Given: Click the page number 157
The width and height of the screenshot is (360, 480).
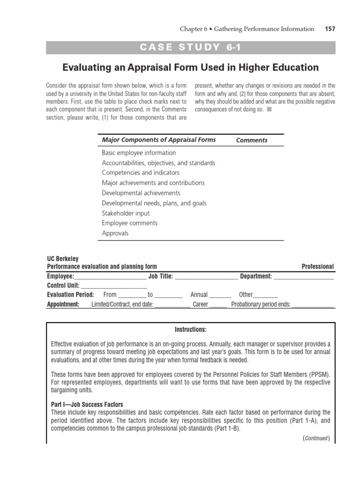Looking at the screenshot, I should click(x=330, y=29).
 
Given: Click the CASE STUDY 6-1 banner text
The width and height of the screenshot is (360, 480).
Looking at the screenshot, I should click(x=190, y=47).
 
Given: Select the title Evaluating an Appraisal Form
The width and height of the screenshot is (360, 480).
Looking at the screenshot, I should click(x=190, y=67).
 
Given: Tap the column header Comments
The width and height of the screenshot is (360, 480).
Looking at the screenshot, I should click(x=252, y=140).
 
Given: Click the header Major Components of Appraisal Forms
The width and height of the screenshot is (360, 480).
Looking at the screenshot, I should click(x=159, y=140).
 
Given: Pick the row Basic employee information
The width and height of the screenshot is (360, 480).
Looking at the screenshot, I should click(x=139, y=153).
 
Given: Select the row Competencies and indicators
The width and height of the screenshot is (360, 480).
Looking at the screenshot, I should click(x=141, y=173).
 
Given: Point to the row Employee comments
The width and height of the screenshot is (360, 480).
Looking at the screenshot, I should click(x=130, y=223).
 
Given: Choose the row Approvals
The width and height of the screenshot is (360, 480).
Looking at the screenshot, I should click(x=115, y=233).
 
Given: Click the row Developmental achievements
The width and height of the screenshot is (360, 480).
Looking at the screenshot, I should click(x=141, y=193).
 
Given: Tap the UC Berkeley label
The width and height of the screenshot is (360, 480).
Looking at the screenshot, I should click(x=63, y=259).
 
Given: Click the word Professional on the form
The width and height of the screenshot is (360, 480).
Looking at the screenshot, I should click(x=317, y=267).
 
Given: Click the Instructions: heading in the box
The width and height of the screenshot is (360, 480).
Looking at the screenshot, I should click(x=190, y=330).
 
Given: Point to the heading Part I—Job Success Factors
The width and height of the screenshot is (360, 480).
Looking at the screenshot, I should click(x=87, y=405).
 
